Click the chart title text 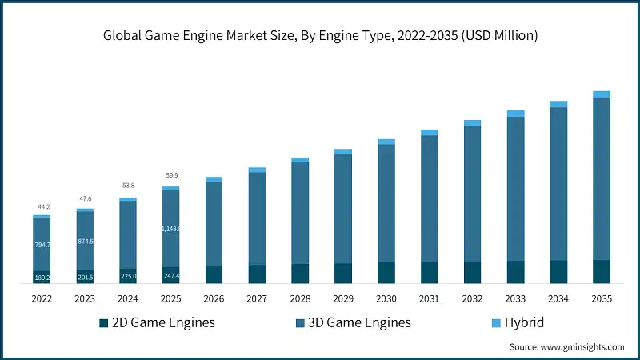click(320, 35)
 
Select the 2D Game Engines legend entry click(157, 322)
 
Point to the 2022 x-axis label click(42, 298)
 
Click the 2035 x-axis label click(602, 298)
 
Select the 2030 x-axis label click(386, 298)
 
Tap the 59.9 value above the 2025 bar click(171, 175)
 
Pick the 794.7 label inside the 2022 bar click(42, 245)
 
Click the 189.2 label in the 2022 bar click(42, 278)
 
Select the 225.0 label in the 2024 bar click(128, 277)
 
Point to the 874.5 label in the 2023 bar click(85, 242)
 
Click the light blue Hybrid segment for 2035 click(602, 94)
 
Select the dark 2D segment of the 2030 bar click(386, 273)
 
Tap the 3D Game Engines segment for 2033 click(516, 188)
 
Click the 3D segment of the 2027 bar click(257, 218)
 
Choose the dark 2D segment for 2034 click(558, 272)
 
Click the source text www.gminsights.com click(566, 347)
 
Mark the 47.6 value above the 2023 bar click(85, 199)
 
